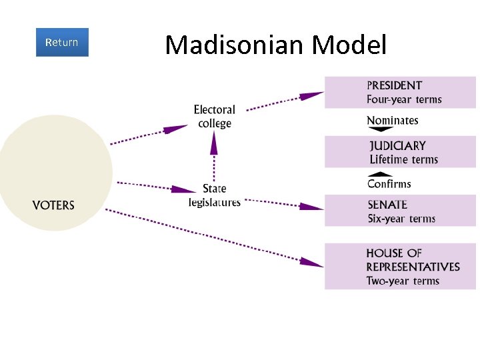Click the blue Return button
(x=62, y=42)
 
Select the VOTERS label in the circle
(x=53, y=205)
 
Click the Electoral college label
(x=214, y=116)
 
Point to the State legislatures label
(x=214, y=195)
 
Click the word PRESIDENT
(x=394, y=85)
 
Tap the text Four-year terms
(x=404, y=99)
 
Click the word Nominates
(x=393, y=121)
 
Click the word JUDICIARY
(x=397, y=145)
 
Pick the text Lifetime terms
(x=403, y=159)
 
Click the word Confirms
(x=389, y=184)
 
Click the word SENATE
(x=387, y=205)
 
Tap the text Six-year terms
(x=401, y=219)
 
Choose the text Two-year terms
(x=403, y=281)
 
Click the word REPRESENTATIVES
(x=413, y=267)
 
